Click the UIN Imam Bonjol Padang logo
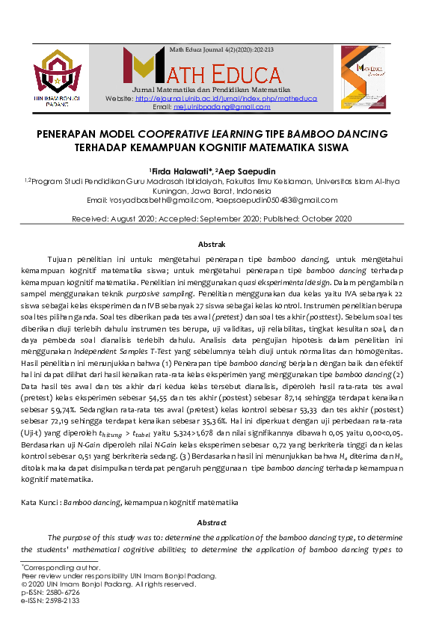click(57, 78)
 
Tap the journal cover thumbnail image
click(366, 77)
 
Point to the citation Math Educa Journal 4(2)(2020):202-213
click(222, 49)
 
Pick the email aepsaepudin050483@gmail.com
click(275, 201)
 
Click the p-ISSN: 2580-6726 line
click(51, 592)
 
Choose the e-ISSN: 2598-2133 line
click(51, 600)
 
